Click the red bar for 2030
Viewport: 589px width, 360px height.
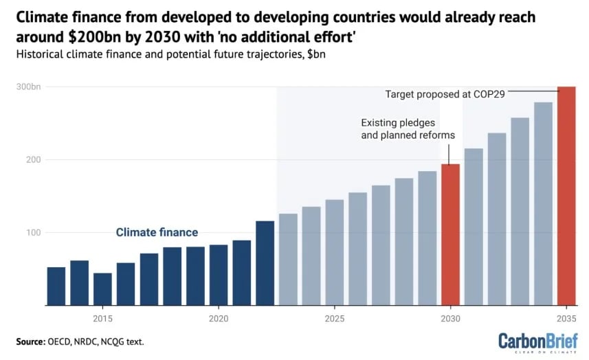click(x=450, y=234)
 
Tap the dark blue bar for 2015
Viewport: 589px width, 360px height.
click(x=102, y=289)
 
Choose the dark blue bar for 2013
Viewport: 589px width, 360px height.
click(x=56, y=286)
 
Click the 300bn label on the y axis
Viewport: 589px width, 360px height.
click(x=28, y=87)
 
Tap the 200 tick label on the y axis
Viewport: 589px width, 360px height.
click(x=33, y=159)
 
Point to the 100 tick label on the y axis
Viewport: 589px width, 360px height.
click(x=33, y=233)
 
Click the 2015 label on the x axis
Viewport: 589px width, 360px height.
click(x=102, y=319)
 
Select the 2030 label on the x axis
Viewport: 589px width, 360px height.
click(x=450, y=319)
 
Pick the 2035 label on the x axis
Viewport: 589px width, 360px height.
click(x=566, y=319)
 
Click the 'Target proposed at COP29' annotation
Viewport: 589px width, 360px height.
click(x=445, y=93)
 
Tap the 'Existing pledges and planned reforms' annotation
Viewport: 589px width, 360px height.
click(x=408, y=129)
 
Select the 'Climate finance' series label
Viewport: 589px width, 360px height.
click(x=157, y=232)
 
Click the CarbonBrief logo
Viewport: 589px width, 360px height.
click(x=537, y=341)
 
